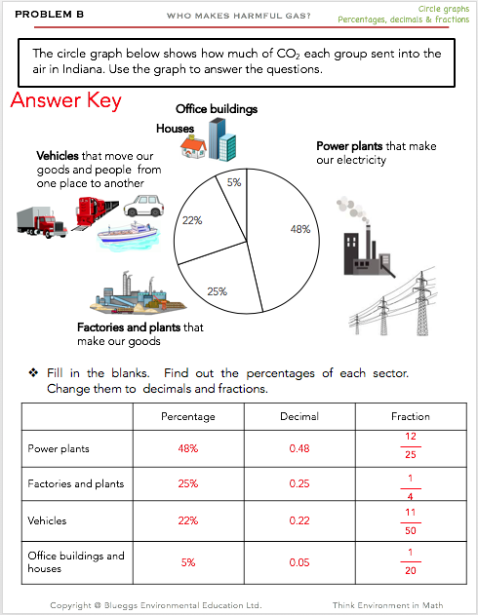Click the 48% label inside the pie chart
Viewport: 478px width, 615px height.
click(x=300, y=229)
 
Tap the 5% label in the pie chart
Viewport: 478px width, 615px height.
click(x=234, y=182)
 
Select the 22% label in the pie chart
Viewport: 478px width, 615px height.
click(x=192, y=220)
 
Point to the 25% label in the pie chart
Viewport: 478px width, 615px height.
click(x=217, y=291)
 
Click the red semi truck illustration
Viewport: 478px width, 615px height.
click(x=42, y=222)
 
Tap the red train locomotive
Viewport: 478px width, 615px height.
click(x=96, y=213)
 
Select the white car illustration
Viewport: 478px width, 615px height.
click(x=144, y=206)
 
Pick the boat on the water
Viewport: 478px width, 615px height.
click(x=129, y=236)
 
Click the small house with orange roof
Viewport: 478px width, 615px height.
click(x=193, y=147)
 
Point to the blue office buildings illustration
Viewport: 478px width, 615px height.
click(x=222, y=140)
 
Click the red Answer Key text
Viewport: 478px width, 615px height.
click(x=66, y=100)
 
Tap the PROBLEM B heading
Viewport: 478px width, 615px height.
click(x=49, y=15)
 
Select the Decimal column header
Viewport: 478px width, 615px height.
click(x=299, y=416)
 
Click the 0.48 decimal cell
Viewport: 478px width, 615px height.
click(x=299, y=448)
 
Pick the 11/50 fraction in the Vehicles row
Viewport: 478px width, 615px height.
click(x=411, y=521)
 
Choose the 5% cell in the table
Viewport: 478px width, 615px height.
click(x=188, y=562)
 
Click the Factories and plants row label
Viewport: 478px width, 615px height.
click(x=76, y=484)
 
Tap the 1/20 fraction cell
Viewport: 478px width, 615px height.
click(x=411, y=561)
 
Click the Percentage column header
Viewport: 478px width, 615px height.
click(x=188, y=416)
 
